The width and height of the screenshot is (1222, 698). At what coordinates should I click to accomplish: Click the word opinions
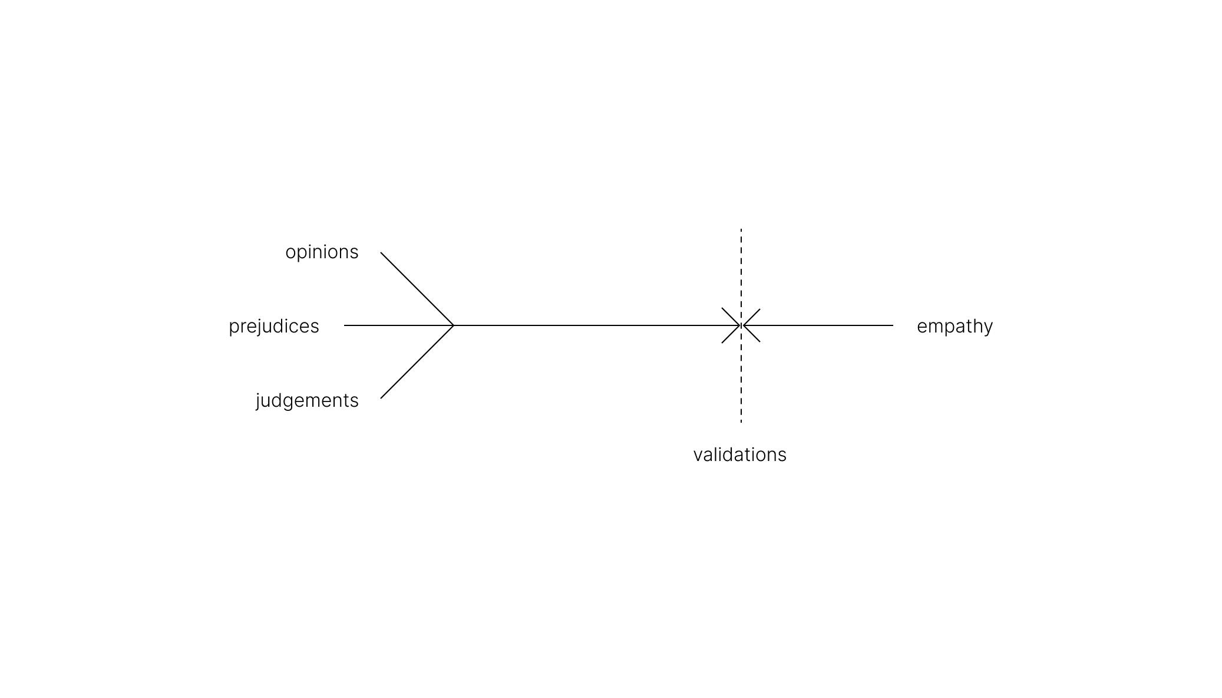coord(322,252)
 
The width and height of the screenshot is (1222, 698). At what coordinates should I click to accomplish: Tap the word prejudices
coord(274,326)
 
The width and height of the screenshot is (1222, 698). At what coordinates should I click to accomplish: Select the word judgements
coord(307,401)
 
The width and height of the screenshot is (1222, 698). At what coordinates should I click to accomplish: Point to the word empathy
coord(955,326)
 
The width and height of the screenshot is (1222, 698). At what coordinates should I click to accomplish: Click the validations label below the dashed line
coord(739,455)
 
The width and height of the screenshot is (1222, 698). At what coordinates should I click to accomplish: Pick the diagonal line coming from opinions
coord(417,289)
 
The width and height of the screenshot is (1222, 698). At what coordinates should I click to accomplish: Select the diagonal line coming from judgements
coord(417,362)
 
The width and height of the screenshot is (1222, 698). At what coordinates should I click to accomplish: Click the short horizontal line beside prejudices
coord(398,325)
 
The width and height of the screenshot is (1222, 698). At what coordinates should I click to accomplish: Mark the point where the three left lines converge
coord(453,325)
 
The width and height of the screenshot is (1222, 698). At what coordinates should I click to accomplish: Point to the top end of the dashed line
coord(741,230)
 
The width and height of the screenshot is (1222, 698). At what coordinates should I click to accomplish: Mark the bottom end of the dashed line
coord(741,422)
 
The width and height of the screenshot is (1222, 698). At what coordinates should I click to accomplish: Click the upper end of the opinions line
coord(382,253)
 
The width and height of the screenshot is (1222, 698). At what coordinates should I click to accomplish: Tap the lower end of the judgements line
coord(382,397)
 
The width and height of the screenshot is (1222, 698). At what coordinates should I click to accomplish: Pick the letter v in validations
coord(698,455)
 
